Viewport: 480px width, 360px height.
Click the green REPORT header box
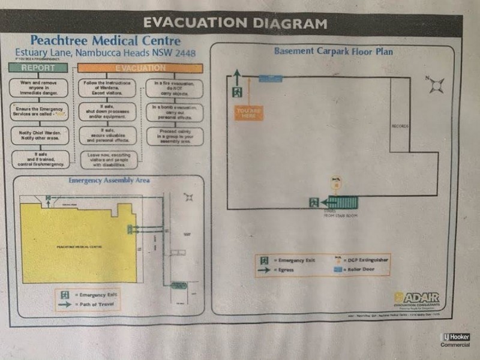click(38, 68)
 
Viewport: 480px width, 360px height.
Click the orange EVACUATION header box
click(140, 68)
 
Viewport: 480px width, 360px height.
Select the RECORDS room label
click(400, 127)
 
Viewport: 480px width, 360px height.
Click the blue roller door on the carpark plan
click(271, 78)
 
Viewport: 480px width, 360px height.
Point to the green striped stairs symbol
click(343, 202)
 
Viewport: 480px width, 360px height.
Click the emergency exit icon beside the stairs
click(314, 203)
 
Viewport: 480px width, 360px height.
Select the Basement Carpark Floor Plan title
click(334, 52)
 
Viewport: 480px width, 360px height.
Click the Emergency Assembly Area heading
click(109, 180)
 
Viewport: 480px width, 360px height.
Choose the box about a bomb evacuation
click(174, 112)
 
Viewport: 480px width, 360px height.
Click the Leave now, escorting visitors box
click(108, 160)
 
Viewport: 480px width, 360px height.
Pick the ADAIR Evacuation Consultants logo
click(418, 299)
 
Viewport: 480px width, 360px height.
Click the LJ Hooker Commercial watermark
click(455, 340)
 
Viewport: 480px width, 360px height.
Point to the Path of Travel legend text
click(97, 305)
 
